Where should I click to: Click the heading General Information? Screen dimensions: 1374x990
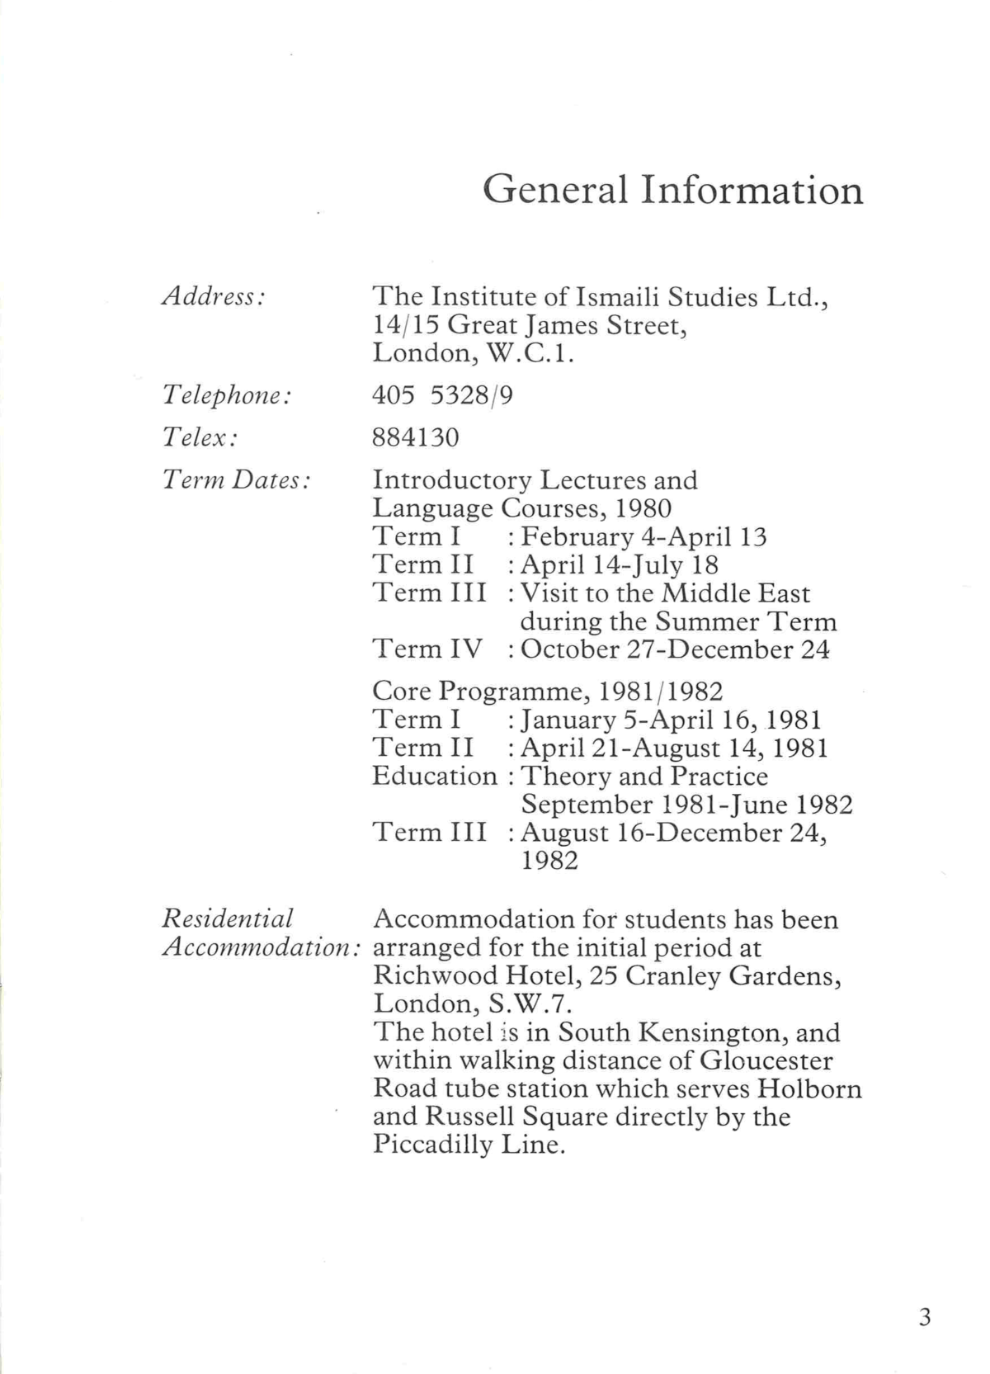[672, 190]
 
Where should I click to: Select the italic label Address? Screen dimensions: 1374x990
[213, 296]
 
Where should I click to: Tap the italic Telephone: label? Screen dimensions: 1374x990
[227, 396]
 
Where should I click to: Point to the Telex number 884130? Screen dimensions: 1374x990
[415, 437]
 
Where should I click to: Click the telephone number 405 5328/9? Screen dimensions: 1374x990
[442, 396]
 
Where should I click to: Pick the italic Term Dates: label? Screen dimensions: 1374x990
[236, 479]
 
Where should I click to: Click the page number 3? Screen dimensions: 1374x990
[924, 1316]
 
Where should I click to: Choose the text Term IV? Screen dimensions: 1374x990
[427, 649]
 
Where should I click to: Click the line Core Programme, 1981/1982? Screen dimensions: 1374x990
[548, 691]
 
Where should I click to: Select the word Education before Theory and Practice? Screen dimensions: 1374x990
[435, 777]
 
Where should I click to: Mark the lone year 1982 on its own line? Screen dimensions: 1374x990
[549, 861]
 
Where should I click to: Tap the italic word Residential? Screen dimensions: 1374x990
[228, 918]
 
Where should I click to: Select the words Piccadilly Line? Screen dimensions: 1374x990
[469, 1145]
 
